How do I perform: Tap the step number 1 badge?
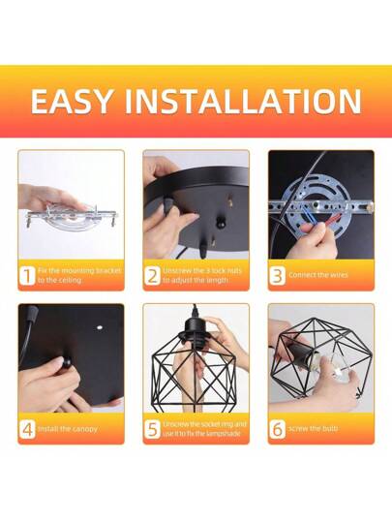click(x=27, y=275)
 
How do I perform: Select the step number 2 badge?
click(x=152, y=275)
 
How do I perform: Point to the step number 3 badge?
click(x=277, y=275)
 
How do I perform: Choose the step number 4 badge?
click(x=27, y=428)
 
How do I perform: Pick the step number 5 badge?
click(x=152, y=428)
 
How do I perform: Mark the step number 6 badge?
click(x=277, y=428)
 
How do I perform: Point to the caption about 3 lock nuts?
click(x=203, y=275)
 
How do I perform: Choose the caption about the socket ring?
click(x=203, y=428)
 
